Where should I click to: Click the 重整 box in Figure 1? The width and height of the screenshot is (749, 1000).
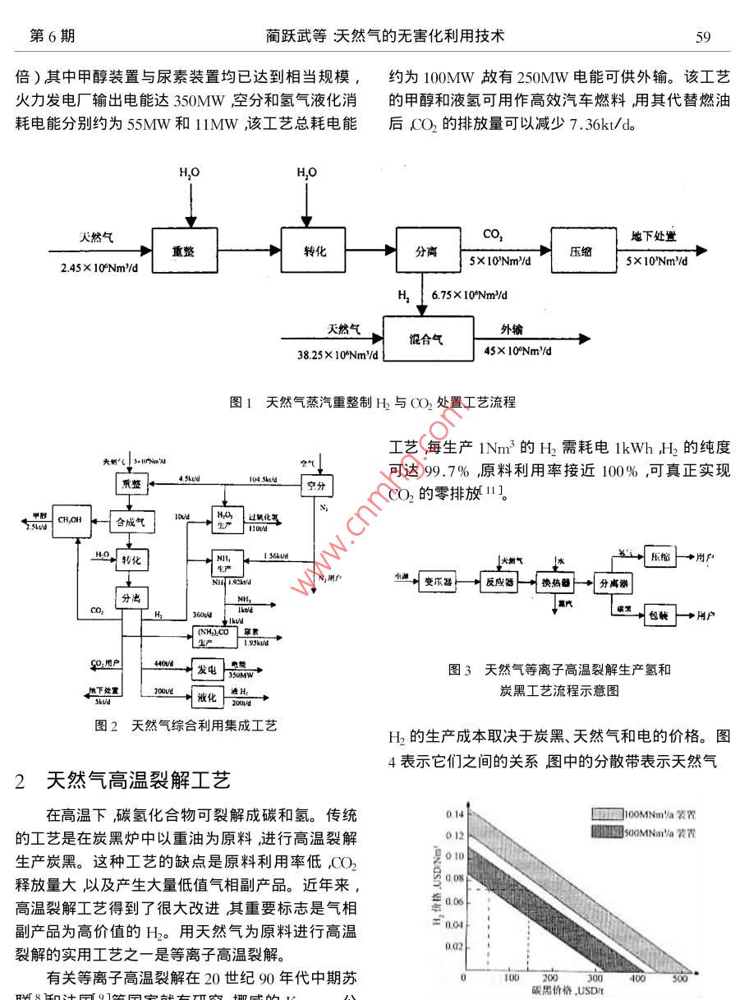tap(182, 251)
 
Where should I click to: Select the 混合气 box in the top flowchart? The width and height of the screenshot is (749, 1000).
tap(426, 339)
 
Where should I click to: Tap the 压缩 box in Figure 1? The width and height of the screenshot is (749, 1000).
tap(581, 251)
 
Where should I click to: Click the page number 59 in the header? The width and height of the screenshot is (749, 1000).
tap(703, 36)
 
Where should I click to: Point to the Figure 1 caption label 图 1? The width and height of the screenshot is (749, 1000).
tap(241, 403)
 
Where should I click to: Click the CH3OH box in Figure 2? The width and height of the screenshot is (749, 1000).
tap(71, 521)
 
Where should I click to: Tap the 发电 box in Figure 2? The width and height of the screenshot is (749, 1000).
tap(206, 670)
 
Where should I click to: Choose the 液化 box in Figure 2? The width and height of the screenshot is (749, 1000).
tap(206, 698)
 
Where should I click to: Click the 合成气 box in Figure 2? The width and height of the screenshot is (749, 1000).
tap(131, 521)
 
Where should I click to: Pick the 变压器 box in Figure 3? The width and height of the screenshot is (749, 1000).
tap(439, 582)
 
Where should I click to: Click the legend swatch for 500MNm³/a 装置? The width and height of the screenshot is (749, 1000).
tap(605, 832)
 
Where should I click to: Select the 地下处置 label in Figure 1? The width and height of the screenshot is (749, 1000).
tap(653, 236)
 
